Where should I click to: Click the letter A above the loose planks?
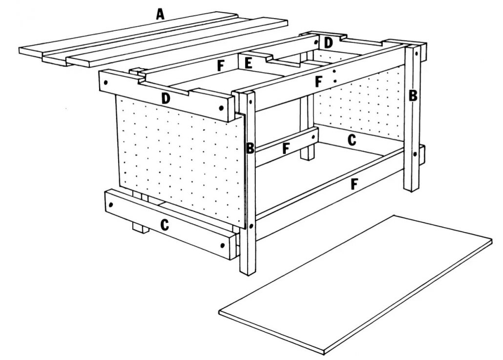click(x=160, y=15)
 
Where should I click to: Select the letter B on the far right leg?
click(x=413, y=96)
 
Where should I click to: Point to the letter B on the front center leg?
click(x=250, y=148)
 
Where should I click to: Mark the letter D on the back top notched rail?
click(x=329, y=43)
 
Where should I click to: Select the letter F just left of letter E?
click(x=221, y=66)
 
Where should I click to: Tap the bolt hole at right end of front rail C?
click(x=227, y=246)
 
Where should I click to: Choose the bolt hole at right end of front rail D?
click(x=222, y=108)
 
